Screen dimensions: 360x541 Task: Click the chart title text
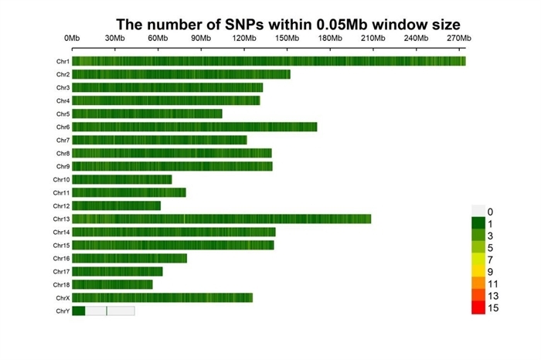288,24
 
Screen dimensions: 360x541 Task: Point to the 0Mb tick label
72,38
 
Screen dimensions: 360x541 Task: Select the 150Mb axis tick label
287,38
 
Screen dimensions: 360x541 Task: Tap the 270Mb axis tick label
458,38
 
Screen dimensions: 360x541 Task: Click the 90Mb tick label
201,38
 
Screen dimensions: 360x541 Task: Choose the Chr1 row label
63,61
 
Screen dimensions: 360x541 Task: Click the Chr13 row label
62,219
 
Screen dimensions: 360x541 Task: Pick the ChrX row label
63,297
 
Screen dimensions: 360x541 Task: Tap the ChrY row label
63,311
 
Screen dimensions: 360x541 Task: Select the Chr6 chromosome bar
194,127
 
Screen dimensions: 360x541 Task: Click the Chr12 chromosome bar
116,205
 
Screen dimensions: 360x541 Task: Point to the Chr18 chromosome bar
112,284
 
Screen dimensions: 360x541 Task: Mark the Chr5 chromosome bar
147,114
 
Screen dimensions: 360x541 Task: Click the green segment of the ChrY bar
78,311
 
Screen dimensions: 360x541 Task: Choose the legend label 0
490,211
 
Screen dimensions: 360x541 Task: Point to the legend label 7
490,260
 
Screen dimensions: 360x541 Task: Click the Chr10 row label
62,179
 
